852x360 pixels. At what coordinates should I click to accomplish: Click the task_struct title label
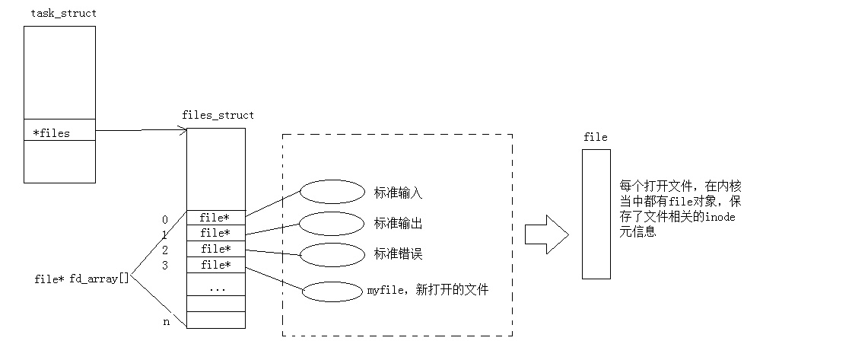(63, 14)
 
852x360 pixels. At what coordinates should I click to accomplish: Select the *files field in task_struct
(52, 134)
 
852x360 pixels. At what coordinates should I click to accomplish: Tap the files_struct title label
(218, 116)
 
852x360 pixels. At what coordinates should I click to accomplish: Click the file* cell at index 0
(215, 218)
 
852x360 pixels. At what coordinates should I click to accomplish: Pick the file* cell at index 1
(215, 233)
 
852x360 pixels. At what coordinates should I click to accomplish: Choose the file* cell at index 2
(215, 249)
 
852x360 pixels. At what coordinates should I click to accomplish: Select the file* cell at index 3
(215, 265)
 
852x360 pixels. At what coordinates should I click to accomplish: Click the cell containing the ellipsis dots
(216, 288)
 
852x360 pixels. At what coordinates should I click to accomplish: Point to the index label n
(166, 322)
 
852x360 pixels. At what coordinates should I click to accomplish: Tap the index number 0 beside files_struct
(165, 220)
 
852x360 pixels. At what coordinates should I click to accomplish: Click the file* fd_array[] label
(82, 279)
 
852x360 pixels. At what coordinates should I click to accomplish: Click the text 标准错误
(398, 253)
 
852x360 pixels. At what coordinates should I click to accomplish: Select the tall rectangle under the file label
(596, 214)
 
